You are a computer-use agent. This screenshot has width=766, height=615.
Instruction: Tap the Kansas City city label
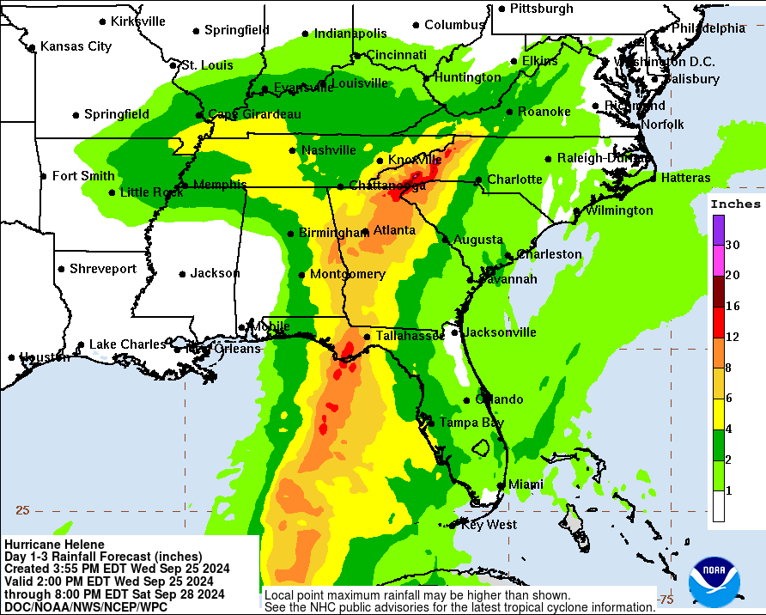(76, 46)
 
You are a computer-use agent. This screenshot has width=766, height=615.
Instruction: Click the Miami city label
(526, 484)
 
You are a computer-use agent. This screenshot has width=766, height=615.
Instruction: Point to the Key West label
(489, 525)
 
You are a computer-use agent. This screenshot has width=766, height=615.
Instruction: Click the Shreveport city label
(102, 269)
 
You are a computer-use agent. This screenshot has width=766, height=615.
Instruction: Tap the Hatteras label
(685, 178)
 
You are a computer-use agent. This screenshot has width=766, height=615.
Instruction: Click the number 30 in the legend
(733, 245)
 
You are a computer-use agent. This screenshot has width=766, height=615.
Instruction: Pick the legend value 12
(733, 338)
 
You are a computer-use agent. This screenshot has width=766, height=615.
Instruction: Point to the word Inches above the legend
(735, 204)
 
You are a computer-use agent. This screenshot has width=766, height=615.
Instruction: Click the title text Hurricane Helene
(54, 545)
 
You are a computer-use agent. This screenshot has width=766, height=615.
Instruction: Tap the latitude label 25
(22, 510)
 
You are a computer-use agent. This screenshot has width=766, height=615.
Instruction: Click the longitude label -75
(665, 599)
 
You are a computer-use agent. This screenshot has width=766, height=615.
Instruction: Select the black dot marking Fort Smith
(45, 176)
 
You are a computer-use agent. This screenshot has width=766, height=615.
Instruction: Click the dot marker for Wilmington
(577, 210)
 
